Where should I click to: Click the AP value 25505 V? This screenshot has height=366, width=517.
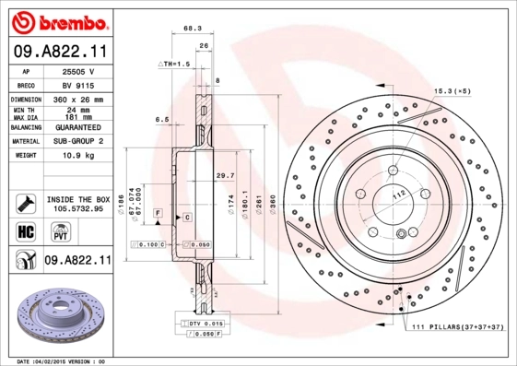pos(79,71)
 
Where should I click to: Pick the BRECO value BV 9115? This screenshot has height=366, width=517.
pos(79,84)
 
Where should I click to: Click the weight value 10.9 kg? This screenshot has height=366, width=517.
pos(79,156)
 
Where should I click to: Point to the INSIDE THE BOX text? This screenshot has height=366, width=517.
pos(77,199)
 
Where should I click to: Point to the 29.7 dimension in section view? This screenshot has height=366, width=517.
pos(224,175)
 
